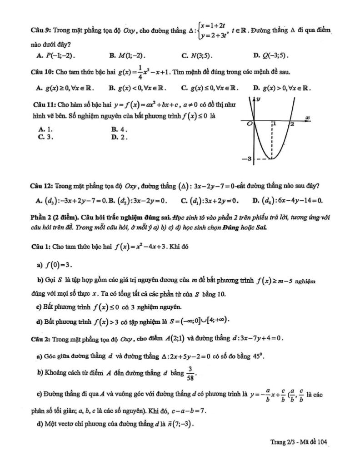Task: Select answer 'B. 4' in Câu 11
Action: [120, 129]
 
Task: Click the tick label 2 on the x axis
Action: [292, 124]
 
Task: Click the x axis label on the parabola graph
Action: [307, 118]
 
